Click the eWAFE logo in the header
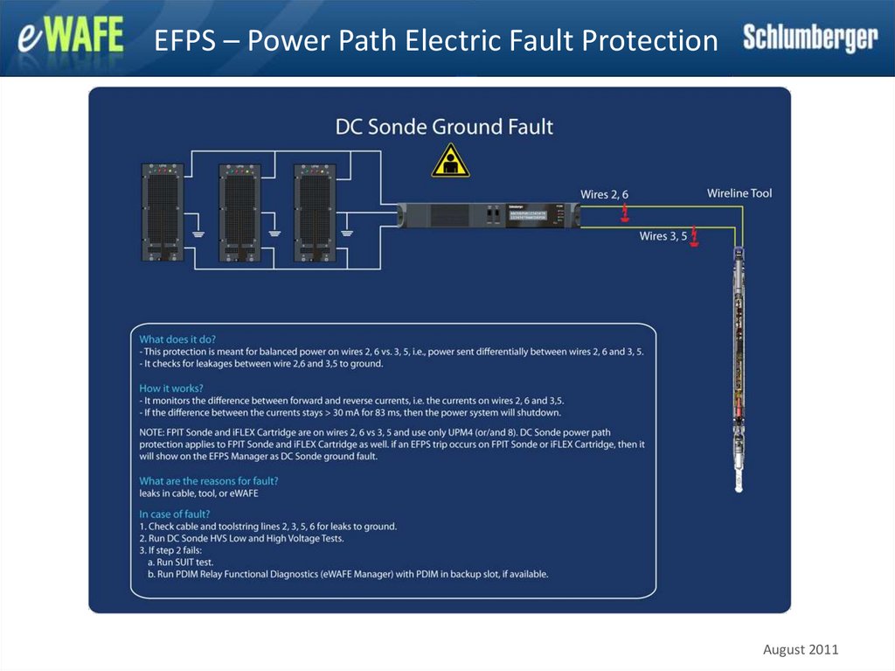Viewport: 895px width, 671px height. coord(71,39)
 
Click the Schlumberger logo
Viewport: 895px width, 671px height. coord(810,38)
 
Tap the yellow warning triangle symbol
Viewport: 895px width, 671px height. coord(450,161)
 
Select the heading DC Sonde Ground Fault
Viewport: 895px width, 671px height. coord(444,127)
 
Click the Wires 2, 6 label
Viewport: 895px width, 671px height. coord(604,194)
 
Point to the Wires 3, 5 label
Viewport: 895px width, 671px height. coord(663,236)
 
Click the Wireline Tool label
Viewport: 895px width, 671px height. coord(739,193)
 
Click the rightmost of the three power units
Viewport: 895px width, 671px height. coord(315,212)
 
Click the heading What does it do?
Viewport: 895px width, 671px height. coord(177,339)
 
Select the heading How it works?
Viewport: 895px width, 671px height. coord(171,388)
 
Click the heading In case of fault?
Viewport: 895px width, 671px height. coord(174,514)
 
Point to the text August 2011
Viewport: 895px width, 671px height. coord(801,649)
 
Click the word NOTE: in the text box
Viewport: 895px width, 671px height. coord(155,433)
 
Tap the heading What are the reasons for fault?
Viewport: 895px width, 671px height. coord(209,481)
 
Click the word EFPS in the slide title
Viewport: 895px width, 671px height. coord(185,40)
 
